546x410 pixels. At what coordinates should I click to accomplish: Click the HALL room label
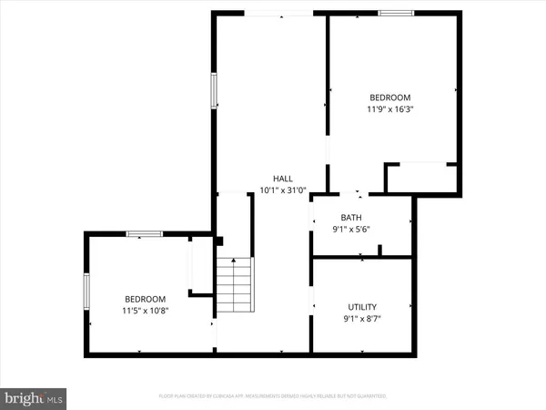[283, 178]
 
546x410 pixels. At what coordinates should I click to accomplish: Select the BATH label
[351, 217]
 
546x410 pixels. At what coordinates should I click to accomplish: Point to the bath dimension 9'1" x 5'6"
[351, 229]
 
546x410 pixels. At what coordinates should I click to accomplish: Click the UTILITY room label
[362, 307]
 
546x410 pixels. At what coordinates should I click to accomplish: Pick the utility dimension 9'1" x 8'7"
[362, 319]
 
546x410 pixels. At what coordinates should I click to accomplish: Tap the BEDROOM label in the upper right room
[389, 97]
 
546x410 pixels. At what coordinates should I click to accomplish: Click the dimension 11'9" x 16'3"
[389, 109]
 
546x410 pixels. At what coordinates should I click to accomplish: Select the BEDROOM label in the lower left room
[146, 299]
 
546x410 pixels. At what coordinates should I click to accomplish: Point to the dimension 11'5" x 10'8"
[146, 311]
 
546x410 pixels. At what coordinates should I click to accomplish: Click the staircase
[234, 285]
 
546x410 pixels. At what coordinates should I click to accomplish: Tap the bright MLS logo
[34, 398]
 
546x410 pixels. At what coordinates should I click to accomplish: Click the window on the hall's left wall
[215, 91]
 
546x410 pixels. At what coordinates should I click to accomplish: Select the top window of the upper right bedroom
[393, 13]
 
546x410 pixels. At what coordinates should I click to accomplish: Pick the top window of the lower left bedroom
[145, 234]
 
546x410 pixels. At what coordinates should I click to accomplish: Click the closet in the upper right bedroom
[420, 178]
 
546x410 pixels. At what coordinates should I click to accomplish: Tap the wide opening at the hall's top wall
[280, 13]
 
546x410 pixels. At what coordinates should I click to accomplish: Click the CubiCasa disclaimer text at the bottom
[273, 396]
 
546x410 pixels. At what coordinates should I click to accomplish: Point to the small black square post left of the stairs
[219, 241]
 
